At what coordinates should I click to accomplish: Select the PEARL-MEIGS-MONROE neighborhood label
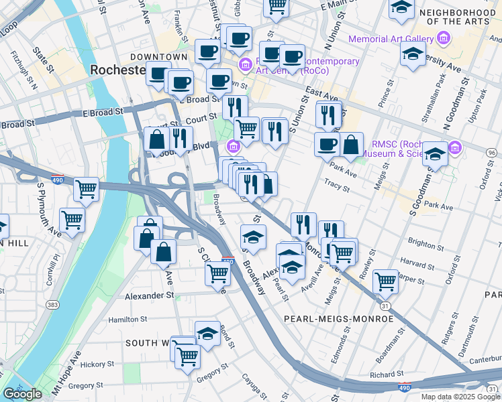338,319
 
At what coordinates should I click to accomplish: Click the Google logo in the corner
22,394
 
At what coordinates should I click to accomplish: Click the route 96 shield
492,153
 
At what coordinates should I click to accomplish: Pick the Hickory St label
94,364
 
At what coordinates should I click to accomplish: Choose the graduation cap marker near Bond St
208,333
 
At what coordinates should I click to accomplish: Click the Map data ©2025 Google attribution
460,397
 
